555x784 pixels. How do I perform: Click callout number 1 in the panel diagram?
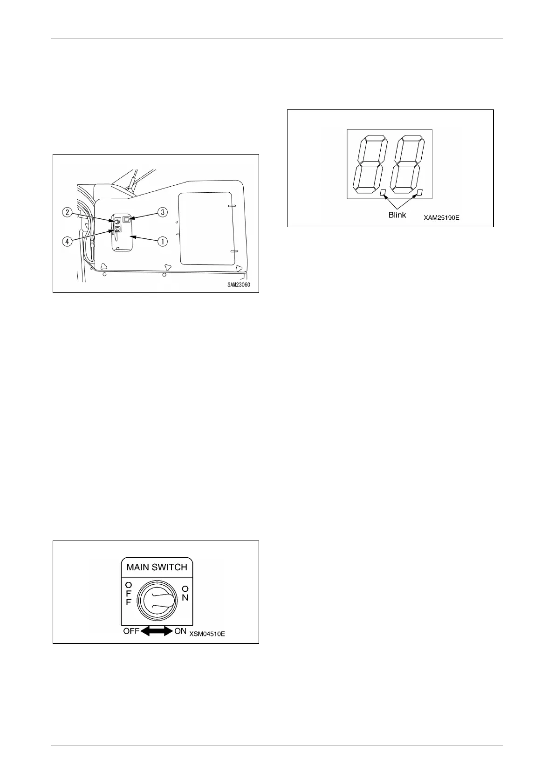coord(162,241)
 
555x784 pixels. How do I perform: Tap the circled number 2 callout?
coord(68,212)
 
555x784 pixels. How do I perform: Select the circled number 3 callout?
coord(162,212)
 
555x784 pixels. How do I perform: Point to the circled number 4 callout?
coord(68,242)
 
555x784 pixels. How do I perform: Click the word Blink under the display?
coord(397,215)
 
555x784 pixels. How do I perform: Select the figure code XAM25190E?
coord(441,217)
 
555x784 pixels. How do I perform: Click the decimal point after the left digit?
coord(383,192)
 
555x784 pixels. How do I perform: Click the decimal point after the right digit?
coord(419,192)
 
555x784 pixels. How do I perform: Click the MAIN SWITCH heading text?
coord(157,567)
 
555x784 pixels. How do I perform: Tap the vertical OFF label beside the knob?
coord(129,593)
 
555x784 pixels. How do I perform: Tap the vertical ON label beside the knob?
coord(185,593)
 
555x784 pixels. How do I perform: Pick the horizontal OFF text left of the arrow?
coord(131,632)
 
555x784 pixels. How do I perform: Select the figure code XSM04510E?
coord(207,634)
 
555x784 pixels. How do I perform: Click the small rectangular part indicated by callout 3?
coord(127,218)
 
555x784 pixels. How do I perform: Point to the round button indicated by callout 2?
coord(117,221)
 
